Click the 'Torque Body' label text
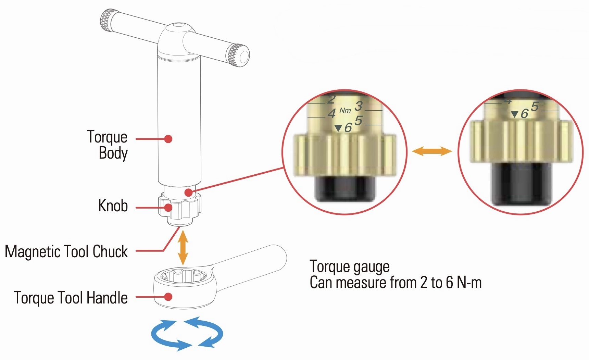click(108, 145)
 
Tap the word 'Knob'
click(113, 206)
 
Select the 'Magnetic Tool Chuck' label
click(66, 251)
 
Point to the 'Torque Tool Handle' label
click(71, 298)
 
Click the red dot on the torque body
click(168, 139)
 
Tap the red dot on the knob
click(168, 207)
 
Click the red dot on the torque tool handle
click(168, 297)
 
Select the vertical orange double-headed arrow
click(184, 248)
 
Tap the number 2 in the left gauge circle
click(331, 100)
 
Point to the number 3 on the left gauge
click(358, 106)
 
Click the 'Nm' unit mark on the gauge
click(345, 110)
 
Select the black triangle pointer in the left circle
click(338, 128)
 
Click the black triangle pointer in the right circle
click(514, 114)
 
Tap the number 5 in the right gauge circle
click(535, 107)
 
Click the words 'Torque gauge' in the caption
click(349, 267)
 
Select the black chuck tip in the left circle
click(345, 188)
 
